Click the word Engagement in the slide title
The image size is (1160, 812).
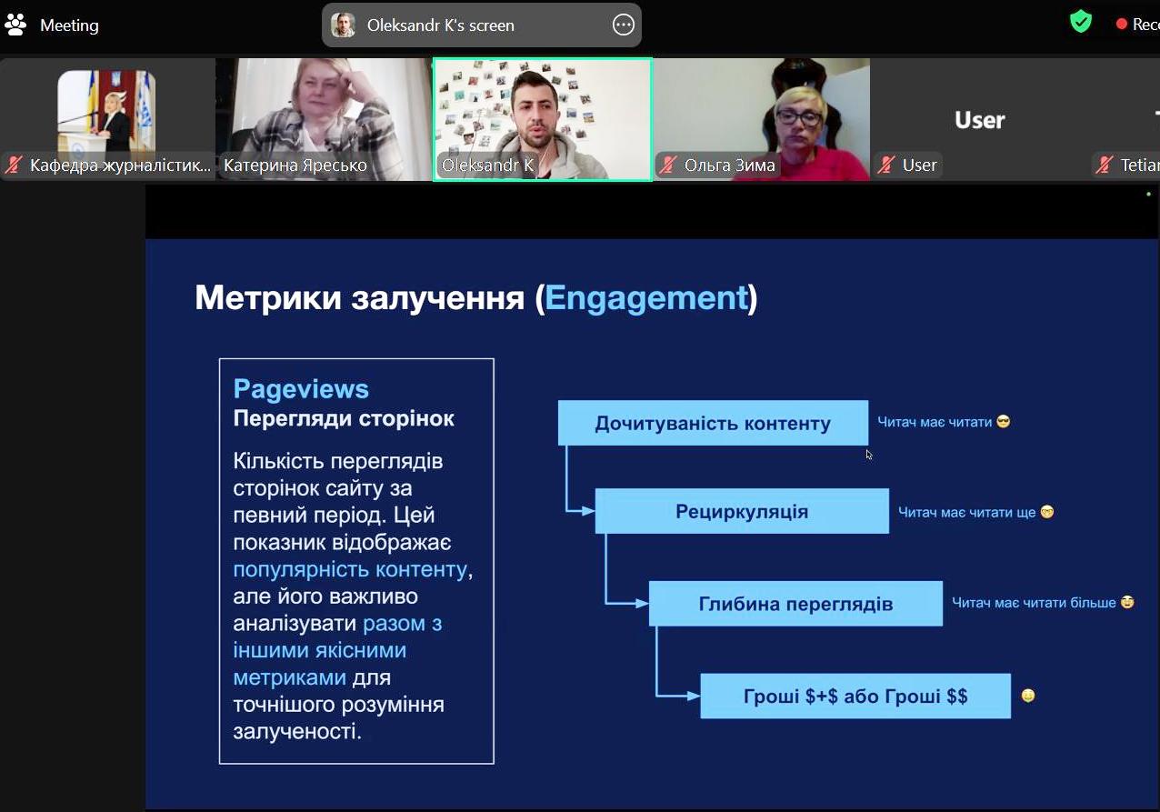point(645,298)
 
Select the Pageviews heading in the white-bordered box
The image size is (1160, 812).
point(301,389)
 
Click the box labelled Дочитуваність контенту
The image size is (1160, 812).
point(713,424)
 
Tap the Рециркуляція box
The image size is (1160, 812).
point(742,511)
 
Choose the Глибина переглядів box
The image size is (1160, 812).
point(795,604)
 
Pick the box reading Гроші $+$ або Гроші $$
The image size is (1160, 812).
point(855,697)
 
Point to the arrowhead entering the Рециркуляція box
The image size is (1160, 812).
point(589,511)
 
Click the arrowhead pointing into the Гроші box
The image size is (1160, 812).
point(694,697)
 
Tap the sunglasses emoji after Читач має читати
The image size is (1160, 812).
point(1004,422)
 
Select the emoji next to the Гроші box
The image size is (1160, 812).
point(1028,697)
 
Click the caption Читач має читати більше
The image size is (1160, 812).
point(1034,603)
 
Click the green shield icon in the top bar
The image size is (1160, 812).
point(1080,22)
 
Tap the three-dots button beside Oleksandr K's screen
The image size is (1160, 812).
point(624,25)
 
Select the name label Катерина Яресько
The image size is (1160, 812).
point(295,165)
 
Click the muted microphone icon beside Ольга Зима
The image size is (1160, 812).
point(668,165)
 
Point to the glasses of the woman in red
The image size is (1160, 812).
point(798,118)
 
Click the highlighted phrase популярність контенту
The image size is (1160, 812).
point(350,570)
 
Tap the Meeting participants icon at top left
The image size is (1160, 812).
point(15,25)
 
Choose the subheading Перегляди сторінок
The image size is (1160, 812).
point(344,419)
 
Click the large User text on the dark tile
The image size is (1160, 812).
point(979,120)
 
